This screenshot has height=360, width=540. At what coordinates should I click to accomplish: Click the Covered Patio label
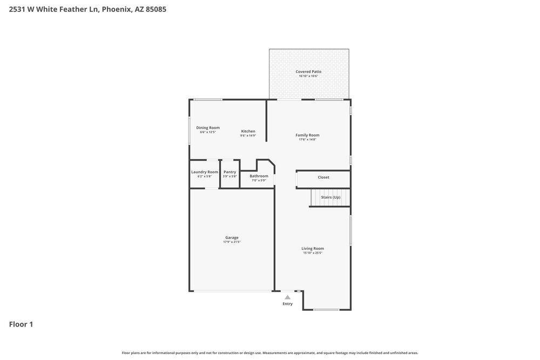coord(308,71)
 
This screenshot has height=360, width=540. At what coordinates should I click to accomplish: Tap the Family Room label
coord(307,135)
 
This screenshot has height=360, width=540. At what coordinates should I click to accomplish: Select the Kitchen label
coord(248,131)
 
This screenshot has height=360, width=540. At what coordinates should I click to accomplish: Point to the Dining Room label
coord(208,128)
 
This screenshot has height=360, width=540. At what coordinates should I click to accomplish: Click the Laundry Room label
coord(205,172)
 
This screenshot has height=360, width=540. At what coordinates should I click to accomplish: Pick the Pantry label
coord(230,172)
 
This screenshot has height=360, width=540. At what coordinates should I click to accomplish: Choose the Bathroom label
coord(259,176)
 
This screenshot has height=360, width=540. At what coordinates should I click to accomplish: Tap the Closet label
coord(323,177)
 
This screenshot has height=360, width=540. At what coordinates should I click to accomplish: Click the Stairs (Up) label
coord(330,197)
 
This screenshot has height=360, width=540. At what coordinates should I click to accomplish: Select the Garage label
coord(232,237)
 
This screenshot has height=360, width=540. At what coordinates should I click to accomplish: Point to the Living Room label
coord(313,248)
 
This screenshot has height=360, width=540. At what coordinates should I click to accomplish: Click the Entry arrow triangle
coord(287,297)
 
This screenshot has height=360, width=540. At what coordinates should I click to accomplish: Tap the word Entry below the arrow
coord(287,304)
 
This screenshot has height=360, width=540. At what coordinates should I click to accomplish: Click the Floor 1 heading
coord(21,324)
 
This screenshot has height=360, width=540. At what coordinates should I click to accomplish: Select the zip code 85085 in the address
coord(156,9)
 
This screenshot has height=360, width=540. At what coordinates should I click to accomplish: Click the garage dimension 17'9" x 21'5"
coord(232,242)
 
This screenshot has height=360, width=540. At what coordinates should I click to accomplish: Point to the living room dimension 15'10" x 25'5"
coord(313,253)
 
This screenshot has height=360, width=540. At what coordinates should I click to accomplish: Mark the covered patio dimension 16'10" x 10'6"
coord(308,76)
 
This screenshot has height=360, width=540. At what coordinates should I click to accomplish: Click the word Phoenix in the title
coord(117,9)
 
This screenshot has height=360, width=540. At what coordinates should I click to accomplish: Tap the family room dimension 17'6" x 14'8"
coord(307,140)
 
